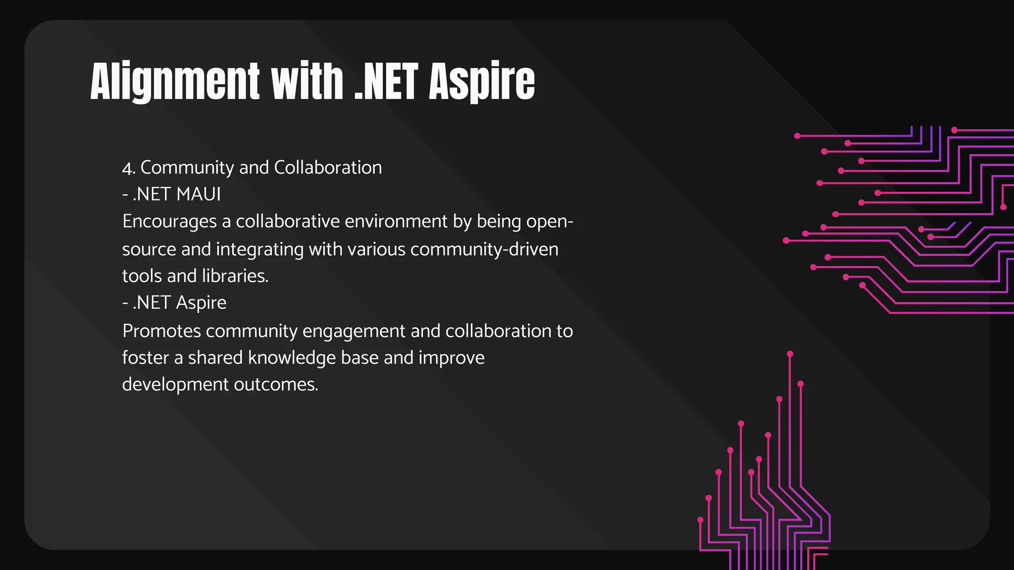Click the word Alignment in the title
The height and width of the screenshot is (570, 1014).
point(175,82)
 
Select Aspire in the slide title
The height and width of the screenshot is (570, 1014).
point(481,82)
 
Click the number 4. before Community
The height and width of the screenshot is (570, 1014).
point(128,168)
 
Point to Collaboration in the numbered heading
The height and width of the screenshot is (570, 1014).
point(328,168)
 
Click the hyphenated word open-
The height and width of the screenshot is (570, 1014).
point(550,222)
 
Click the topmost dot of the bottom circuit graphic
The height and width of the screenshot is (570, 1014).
point(790,354)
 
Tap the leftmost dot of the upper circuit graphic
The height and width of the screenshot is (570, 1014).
point(786,240)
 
